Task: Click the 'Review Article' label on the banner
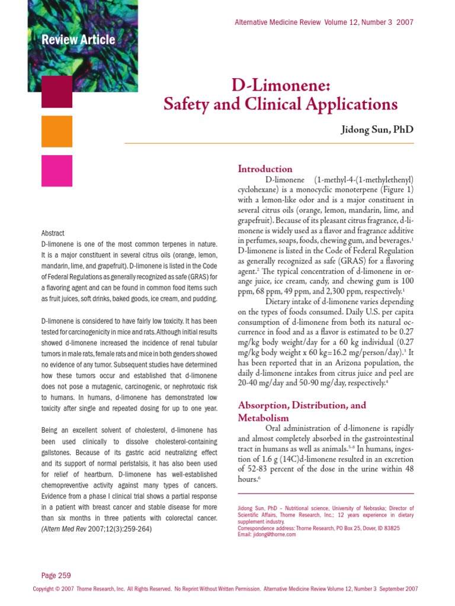pos(78,40)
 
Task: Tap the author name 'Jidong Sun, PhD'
pos(376,130)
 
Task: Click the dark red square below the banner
pos(57,92)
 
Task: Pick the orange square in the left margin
pos(57,131)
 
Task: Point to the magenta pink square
pos(57,170)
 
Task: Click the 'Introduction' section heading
pos(265,169)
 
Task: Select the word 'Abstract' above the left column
pos(53,233)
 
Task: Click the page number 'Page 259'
pos(56,575)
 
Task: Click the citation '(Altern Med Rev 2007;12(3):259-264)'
pos(96,529)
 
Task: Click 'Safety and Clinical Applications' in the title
pos(280,105)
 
